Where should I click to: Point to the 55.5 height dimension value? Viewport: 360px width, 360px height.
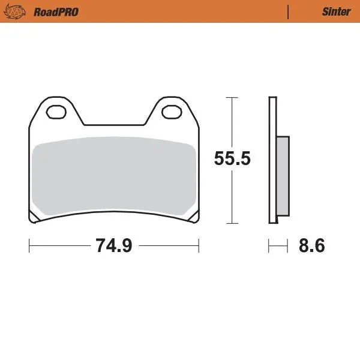click(233, 159)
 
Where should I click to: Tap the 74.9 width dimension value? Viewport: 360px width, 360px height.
click(113, 245)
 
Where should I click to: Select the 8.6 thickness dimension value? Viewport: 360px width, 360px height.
click(311, 245)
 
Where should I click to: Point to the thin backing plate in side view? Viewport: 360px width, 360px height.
click(272, 159)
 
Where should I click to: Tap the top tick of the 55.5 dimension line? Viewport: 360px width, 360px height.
click(232, 97)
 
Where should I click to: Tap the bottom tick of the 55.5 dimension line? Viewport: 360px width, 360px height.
click(232, 223)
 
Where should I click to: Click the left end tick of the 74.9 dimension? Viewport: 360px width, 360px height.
click(29, 245)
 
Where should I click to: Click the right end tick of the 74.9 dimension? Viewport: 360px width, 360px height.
click(199, 245)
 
